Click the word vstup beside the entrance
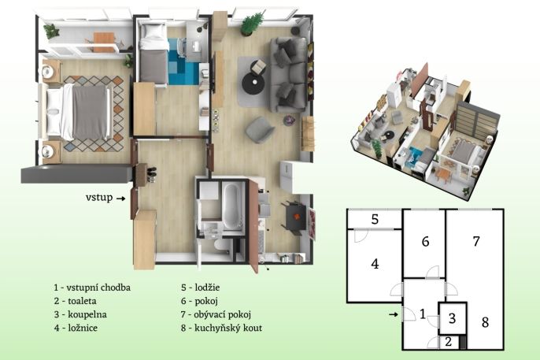[x=99, y=198]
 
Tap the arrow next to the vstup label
[x=120, y=199]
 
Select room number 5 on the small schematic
[x=375, y=219]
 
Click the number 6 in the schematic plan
[x=425, y=242]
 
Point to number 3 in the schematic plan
[x=452, y=318]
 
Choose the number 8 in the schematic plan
[x=485, y=322]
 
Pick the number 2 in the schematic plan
[x=448, y=342]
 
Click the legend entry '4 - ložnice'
[x=76, y=328]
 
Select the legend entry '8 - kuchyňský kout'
[x=221, y=328]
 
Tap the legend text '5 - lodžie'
[x=200, y=288]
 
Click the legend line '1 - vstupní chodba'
[x=92, y=288]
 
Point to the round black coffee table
[x=254, y=84]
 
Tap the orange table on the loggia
[x=104, y=42]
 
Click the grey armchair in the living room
[x=260, y=129]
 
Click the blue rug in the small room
[x=183, y=62]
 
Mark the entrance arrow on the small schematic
[x=394, y=314]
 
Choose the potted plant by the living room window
[x=251, y=24]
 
